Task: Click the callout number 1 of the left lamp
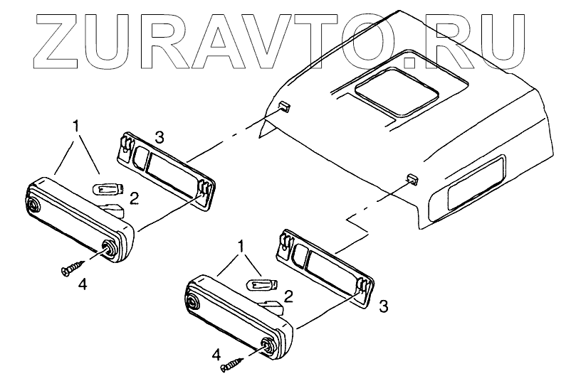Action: click(76, 127)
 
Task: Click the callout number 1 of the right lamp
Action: click(243, 246)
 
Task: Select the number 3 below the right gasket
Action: click(383, 306)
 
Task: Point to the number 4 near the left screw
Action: click(83, 284)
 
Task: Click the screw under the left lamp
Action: click(71, 269)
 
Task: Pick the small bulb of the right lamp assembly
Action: click(261, 285)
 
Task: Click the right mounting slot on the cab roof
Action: click(412, 178)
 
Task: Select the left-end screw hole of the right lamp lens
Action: click(192, 302)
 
